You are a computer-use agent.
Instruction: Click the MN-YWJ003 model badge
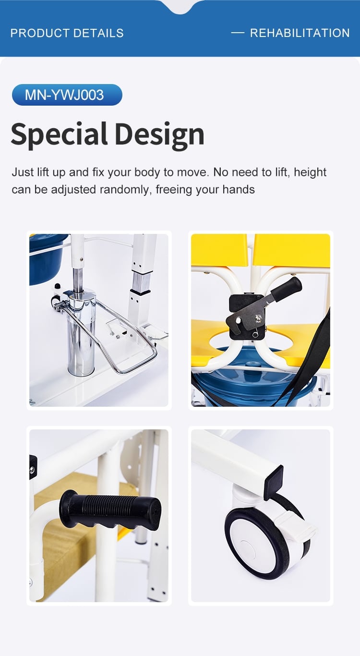tap(67, 95)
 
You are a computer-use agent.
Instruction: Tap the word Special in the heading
tap(59, 134)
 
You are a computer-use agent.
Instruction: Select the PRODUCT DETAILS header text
tap(67, 33)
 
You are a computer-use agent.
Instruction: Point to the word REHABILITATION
tap(300, 33)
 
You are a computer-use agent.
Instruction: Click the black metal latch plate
tap(246, 317)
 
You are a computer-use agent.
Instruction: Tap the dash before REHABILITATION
tap(238, 33)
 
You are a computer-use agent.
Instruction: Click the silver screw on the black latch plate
tap(258, 318)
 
